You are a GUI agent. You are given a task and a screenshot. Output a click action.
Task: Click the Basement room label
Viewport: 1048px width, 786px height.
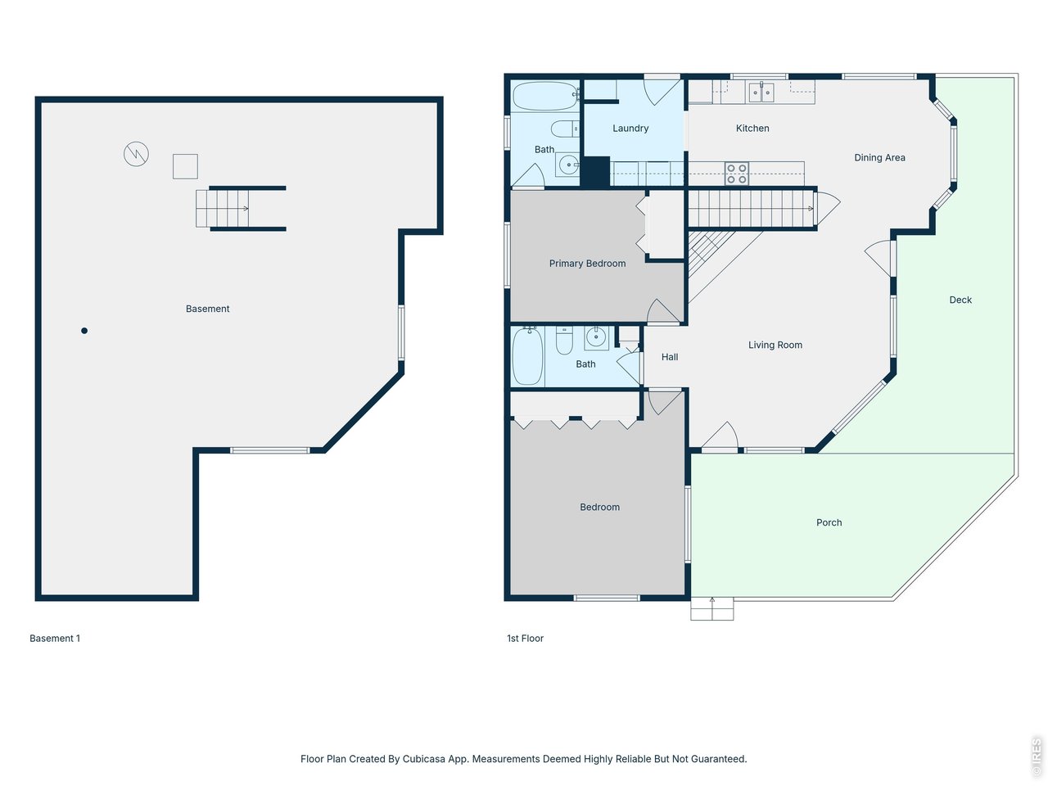tap(207, 309)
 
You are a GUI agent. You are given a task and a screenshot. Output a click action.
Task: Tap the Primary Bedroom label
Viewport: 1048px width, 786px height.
tap(587, 264)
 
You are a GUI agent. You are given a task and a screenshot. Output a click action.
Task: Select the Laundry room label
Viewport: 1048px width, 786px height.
tap(630, 129)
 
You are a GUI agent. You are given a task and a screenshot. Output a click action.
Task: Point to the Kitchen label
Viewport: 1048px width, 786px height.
tap(752, 129)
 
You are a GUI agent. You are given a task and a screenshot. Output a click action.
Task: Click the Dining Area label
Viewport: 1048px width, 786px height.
tap(879, 158)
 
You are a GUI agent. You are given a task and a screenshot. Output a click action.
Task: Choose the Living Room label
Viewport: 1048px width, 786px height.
tap(775, 346)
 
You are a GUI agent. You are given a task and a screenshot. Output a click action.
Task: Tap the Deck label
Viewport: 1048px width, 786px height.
tap(960, 300)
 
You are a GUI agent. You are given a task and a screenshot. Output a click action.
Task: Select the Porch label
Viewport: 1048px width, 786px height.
tap(829, 522)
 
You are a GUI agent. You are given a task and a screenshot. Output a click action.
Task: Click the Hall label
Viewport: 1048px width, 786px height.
tap(670, 357)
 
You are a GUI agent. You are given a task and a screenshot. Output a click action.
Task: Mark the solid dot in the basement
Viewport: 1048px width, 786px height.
tap(84, 331)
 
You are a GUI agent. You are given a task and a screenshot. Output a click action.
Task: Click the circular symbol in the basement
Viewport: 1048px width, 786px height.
tap(136, 154)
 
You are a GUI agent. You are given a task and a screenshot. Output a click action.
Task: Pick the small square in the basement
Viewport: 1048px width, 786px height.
tap(185, 166)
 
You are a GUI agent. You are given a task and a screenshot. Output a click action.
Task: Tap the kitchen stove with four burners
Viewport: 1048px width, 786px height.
tap(736, 174)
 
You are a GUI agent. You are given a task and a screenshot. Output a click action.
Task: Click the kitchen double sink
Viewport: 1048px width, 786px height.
tap(761, 92)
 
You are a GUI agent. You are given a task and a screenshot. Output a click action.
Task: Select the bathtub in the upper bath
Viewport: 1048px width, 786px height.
tap(545, 97)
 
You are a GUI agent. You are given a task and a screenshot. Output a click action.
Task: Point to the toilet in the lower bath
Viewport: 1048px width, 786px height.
tap(564, 340)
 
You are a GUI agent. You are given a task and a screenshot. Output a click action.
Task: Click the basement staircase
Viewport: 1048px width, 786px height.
tap(223, 209)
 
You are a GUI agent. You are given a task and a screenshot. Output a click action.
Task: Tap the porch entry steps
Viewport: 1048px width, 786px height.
tap(711, 609)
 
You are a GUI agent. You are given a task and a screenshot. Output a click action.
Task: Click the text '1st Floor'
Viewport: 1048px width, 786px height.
tap(525, 639)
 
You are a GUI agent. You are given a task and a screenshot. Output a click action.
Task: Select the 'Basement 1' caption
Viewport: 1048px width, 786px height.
tap(55, 639)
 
